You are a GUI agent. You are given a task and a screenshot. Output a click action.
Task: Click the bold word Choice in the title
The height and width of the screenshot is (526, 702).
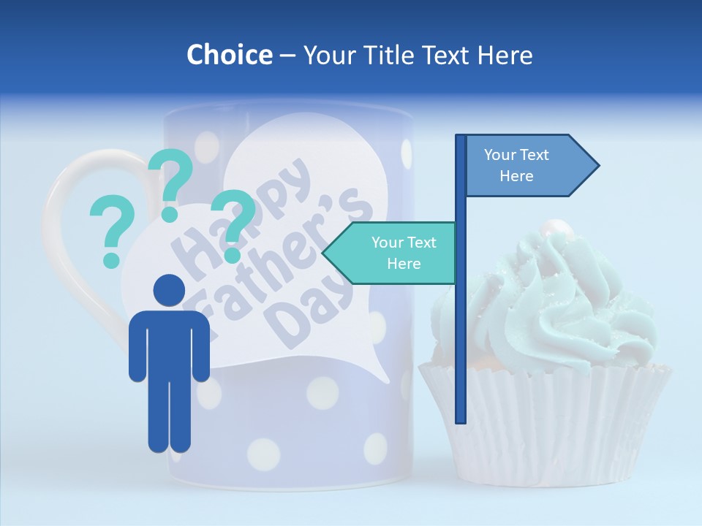229,55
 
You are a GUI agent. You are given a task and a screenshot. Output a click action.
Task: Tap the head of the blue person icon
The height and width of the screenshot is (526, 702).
169,290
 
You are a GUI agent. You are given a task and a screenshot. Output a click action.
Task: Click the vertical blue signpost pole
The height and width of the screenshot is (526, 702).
461,329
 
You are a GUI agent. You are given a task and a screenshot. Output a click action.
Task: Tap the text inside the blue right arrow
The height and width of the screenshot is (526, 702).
516,165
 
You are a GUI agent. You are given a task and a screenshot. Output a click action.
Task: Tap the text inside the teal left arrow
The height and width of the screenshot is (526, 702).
403,253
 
